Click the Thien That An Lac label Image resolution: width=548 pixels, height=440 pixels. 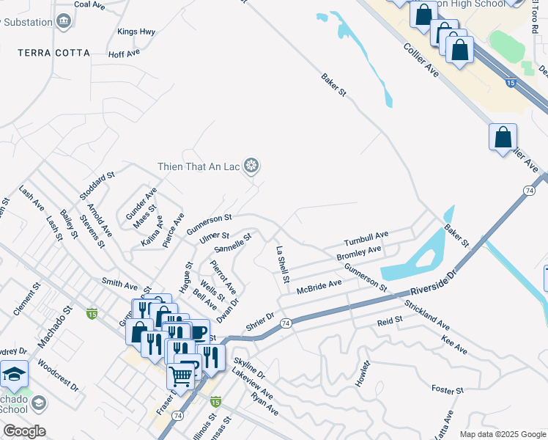coord(200,166)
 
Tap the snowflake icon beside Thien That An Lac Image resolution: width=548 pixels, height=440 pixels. coord(251,166)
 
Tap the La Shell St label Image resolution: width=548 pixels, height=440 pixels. coord(282,265)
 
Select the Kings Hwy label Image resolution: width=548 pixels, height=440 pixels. coord(137,32)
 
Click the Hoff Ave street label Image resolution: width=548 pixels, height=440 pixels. coord(123,54)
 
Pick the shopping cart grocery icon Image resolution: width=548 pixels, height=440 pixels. coord(180,375)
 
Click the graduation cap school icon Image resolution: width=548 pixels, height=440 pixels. coord(14,374)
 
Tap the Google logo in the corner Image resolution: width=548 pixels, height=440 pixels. coord(23,431)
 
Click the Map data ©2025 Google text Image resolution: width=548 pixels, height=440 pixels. coord(503,434)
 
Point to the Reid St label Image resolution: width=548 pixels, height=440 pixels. coord(390,321)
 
